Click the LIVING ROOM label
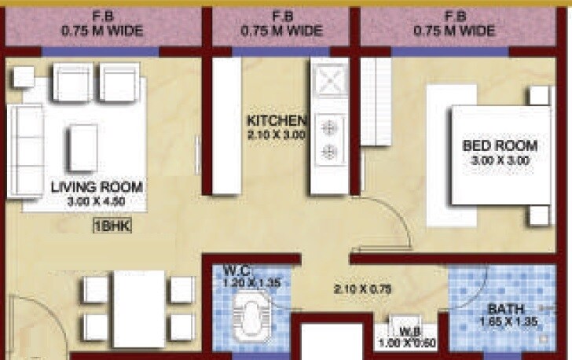97,187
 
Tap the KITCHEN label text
276,121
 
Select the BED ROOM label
500,145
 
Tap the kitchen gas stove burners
329,138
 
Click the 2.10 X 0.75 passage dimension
357,289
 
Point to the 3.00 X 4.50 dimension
97,202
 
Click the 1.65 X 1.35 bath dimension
502,321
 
